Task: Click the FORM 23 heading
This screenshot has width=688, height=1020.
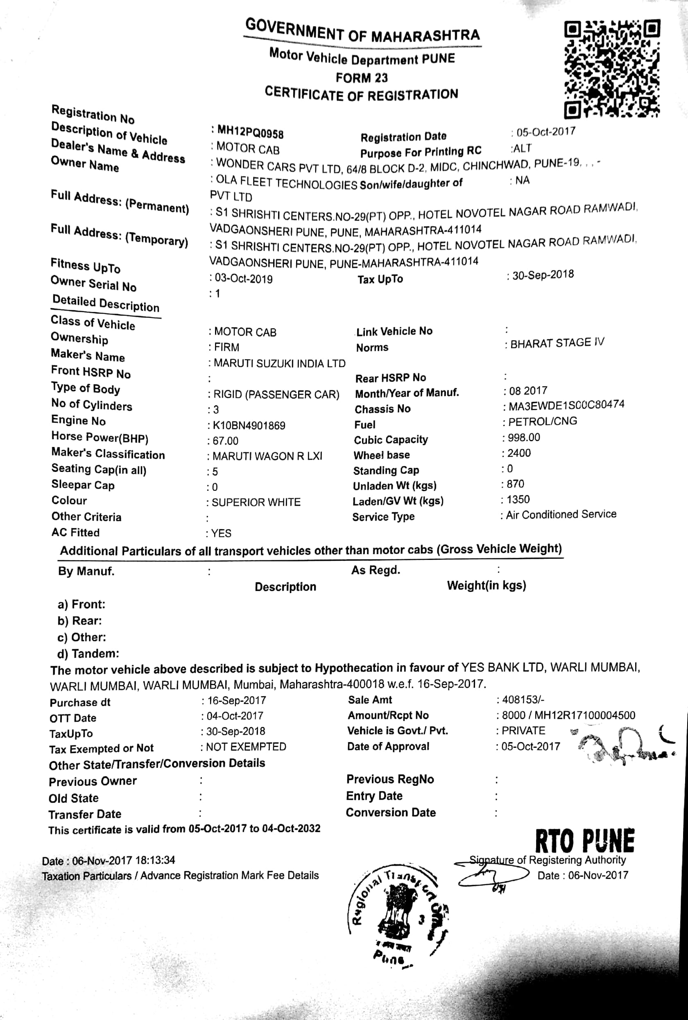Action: click(x=362, y=78)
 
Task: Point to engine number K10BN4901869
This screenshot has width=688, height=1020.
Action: click(x=249, y=425)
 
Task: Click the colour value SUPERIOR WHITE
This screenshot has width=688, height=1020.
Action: click(x=256, y=502)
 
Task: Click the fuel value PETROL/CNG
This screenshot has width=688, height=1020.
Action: click(x=543, y=422)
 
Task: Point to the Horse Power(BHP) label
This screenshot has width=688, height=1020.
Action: click(x=100, y=437)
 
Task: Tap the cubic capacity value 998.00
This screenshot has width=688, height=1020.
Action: click(x=523, y=438)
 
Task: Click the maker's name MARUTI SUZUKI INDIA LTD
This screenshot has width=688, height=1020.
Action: click(x=279, y=363)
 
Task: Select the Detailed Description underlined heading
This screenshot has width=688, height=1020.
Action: click(x=106, y=303)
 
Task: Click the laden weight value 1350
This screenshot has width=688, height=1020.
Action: click(x=518, y=499)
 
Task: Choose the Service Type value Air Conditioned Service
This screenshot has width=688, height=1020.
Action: click(x=561, y=515)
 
